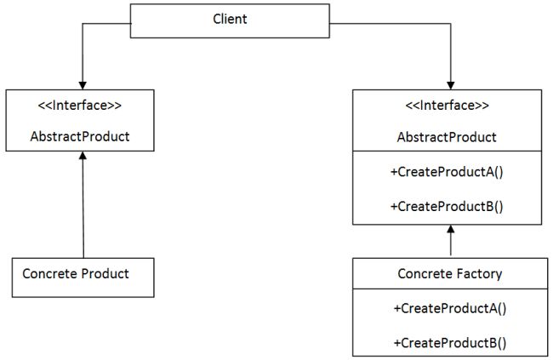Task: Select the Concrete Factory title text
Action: click(x=450, y=274)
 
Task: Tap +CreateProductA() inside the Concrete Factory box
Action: click(x=449, y=309)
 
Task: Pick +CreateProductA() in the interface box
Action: click(x=446, y=172)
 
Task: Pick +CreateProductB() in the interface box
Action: click(x=446, y=206)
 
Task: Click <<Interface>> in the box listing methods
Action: click(x=447, y=106)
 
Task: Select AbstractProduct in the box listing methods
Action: click(x=447, y=136)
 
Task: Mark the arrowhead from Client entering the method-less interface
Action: click(x=83, y=83)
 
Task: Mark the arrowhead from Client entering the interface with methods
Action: click(x=447, y=83)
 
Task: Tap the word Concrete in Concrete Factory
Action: click(x=425, y=274)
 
